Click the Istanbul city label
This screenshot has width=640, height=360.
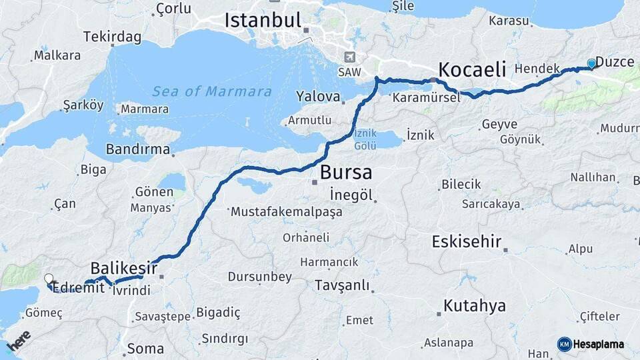tap(263, 20)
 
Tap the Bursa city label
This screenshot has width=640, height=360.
tap(345, 172)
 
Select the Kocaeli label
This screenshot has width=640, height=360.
tap(472, 69)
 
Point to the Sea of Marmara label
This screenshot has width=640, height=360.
tap(212, 91)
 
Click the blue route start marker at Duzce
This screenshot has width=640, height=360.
tap(591, 64)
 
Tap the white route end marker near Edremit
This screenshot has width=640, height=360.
tap(49, 279)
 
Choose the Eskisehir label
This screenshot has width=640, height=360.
tap(466, 241)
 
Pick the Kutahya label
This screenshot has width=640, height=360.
tap(474, 306)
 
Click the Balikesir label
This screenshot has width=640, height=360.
tap(124, 268)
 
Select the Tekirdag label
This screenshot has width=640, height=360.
tap(111, 37)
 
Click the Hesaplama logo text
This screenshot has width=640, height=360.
tap(598, 344)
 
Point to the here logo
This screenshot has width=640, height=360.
tap(18, 341)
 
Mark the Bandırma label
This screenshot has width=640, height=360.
tap(138, 149)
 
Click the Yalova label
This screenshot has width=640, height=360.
tap(318, 96)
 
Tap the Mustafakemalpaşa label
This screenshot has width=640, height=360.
tap(286, 212)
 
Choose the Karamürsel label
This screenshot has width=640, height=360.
tap(426, 97)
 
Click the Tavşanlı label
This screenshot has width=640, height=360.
tap(342, 285)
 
